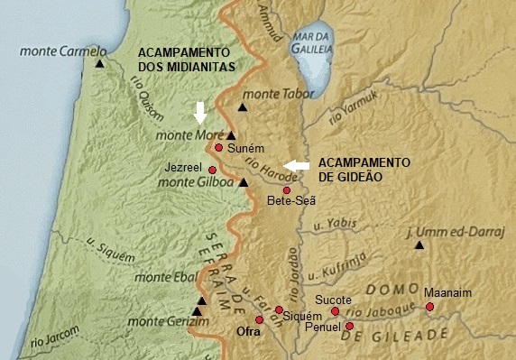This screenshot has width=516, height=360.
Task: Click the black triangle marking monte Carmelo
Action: (99, 64)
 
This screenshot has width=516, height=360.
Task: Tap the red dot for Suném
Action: (218, 147)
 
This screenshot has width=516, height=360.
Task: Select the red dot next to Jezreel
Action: (212, 170)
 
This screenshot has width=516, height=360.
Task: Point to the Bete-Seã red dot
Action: (286, 190)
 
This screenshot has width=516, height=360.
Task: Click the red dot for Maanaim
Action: (429, 307)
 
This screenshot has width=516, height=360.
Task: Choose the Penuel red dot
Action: (349, 326)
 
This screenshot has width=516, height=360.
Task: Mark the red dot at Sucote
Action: (335, 311)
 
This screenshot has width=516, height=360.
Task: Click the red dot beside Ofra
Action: (259, 319)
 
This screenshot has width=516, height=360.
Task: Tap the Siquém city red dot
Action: (278, 309)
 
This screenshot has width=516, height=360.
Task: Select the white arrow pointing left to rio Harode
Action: (295, 164)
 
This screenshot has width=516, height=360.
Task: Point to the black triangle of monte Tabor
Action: (242, 107)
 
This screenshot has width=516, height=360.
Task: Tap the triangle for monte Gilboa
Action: (242, 182)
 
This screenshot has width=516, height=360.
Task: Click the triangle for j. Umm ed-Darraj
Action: (417, 245)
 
